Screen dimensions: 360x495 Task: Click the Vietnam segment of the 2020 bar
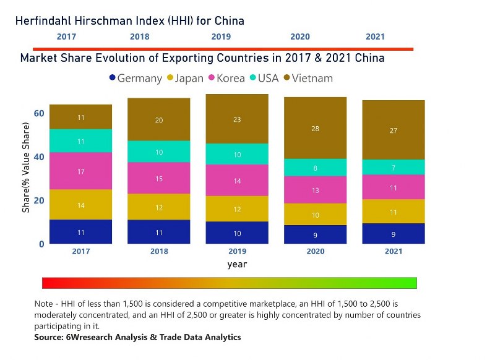click(x=315, y=128)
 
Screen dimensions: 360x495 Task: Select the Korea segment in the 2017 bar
click(x=80, y=171)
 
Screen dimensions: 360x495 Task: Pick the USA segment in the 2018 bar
click(x=159, y=152)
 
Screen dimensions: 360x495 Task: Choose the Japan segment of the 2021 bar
click(x=393, y=212)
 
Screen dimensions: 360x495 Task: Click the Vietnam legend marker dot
click(x=287, y=78)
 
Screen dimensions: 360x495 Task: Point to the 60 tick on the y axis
click(x=38, y=113)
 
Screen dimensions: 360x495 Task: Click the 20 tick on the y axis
click(x=38, y=200)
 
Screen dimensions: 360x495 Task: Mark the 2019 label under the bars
click(x=237, y=252)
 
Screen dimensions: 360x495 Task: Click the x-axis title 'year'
click(x=237, y=264)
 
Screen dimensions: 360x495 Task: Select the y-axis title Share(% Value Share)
click(x=26, y=168)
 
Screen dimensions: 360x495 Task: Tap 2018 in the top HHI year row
click(x=139, y=37)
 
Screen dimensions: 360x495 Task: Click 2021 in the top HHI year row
click(x=375, y=37)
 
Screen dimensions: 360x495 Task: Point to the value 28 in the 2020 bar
click(x=315, y=129)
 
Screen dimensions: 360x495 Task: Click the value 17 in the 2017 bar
click(x=81, y=171)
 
